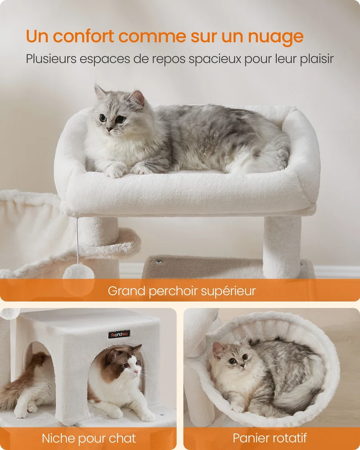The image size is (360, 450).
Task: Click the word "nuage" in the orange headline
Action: pos(275,37)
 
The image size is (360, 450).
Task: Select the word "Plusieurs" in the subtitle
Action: pos(51,59)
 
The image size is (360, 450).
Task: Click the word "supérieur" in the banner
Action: pos(228,291)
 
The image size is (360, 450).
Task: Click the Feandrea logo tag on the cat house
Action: pos(119,334)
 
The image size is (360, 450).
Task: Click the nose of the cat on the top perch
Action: pos(109,130)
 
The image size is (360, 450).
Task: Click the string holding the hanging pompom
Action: pos(77,241)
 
